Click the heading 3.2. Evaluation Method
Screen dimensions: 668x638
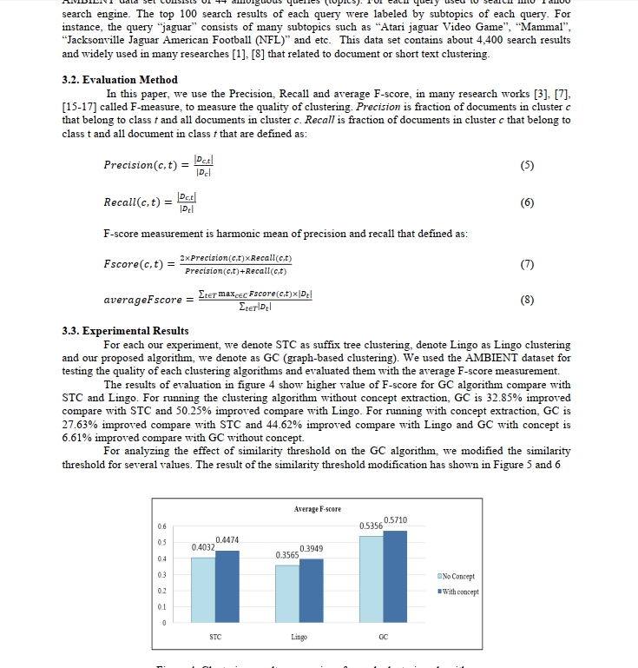[x=120, y=80]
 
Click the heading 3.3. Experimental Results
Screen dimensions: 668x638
[x=125, y=331]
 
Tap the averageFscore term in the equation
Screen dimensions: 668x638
[x=143, y=300]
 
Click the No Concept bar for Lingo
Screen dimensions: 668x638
[x=286, y=595]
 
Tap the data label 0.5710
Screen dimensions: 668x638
[x=396, y=520]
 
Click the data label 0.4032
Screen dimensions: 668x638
[x=203, y=547]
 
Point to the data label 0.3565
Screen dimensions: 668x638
[x=287, y=554]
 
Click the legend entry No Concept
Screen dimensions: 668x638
[x=459, y=576]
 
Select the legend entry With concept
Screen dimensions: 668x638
[x=459, y=592]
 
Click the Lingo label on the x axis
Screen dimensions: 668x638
[x=299, y=637]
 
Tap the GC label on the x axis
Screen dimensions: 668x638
[x=383, y=637]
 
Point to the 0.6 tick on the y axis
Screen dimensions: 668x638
[x=161, y=526]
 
